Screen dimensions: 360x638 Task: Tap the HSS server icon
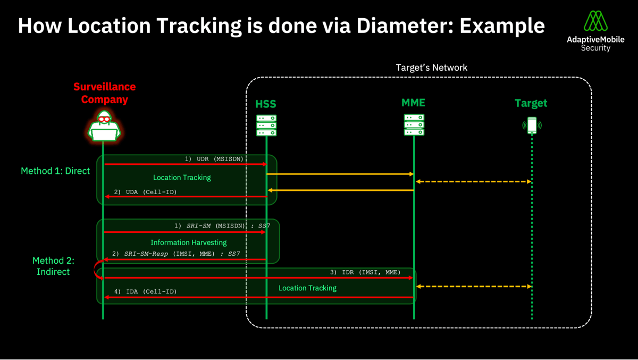point(266,125)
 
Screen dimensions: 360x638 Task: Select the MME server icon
point(414,125)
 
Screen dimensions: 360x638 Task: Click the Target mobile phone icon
point(532,125)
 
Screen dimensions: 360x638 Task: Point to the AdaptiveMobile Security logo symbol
point(595,21)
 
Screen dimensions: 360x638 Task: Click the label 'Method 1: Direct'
point(55,171)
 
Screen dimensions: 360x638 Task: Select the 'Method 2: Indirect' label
point(53,266)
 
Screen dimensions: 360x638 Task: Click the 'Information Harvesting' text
point(189,242)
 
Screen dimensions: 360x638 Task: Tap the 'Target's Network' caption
point(432,68)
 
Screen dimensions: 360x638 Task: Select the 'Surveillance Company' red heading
point(105,93)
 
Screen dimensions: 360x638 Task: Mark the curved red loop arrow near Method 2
point(98,269)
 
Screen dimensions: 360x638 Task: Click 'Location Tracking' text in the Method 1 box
point(182,178)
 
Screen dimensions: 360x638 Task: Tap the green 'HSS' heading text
point(266,104)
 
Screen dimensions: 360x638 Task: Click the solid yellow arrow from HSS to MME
point(340,174)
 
